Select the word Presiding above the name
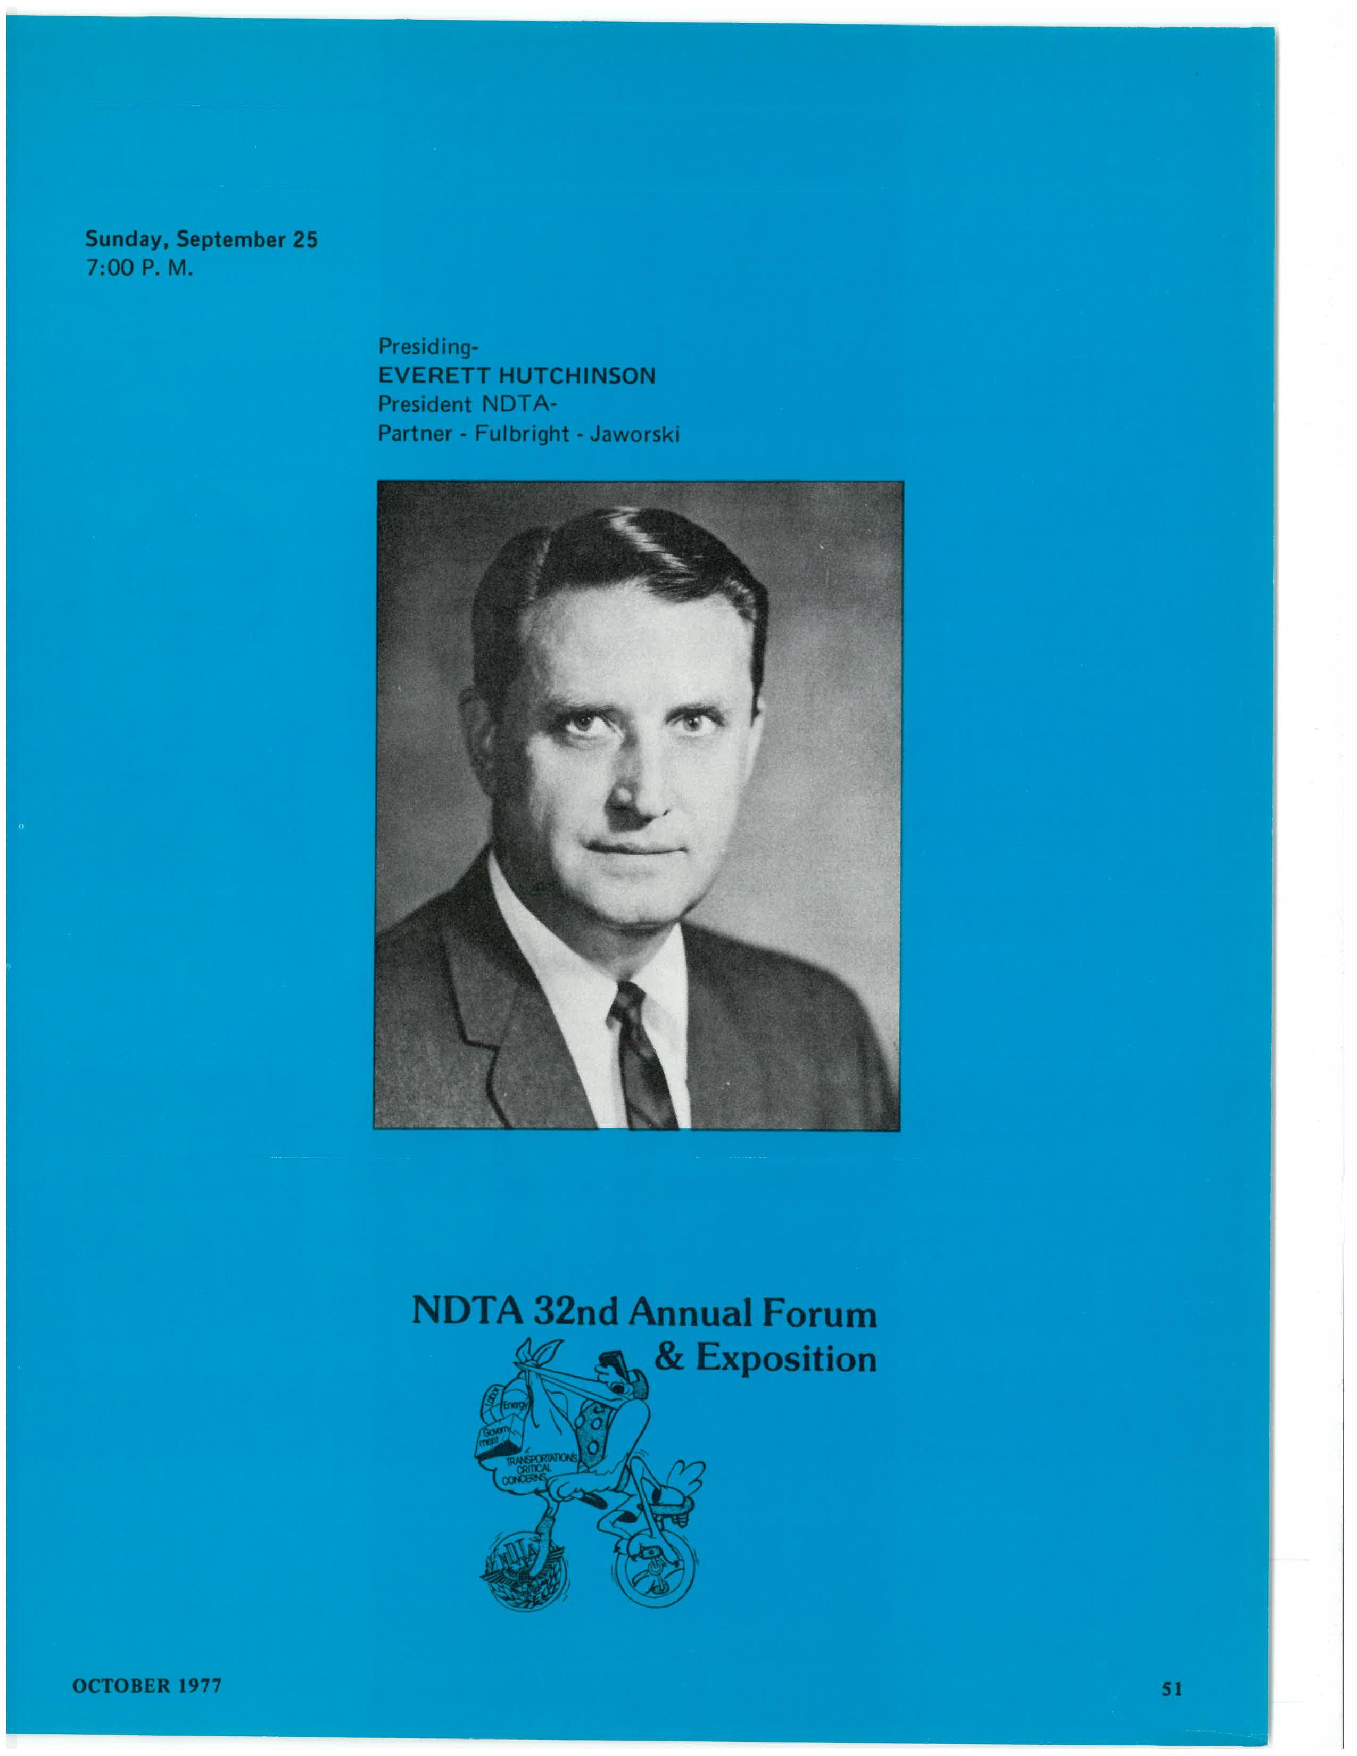[426, 347]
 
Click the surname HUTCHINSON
[576, 376]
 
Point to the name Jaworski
[634, 434]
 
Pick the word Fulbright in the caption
[522, 434]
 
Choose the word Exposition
[785, 1359]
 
